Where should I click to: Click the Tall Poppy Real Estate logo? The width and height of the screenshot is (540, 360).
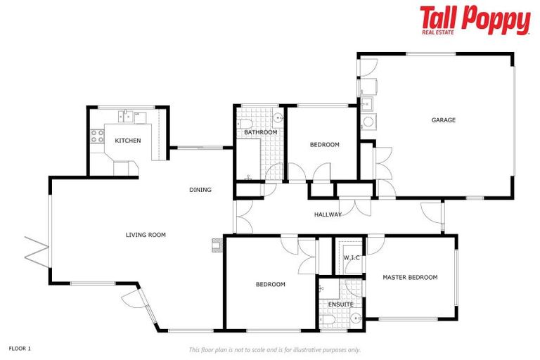(475, 20)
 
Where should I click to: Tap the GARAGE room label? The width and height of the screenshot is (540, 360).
(443, 120)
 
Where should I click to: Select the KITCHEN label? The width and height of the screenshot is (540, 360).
(128, 141)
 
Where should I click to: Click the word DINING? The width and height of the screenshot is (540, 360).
(200, 190)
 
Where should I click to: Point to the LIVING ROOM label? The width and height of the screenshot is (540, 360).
(146, 235)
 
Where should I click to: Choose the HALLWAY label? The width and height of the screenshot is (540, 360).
(328, 214)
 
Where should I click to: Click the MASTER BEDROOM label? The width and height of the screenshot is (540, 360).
(410, 277)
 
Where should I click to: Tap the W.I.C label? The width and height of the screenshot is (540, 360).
(352, 257)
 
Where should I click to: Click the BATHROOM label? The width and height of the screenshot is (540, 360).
(260, 132)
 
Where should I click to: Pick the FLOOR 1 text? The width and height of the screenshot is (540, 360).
(20, 348)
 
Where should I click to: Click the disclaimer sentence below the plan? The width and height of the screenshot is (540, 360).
(274, 349)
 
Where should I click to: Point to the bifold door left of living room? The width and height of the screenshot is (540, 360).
(35, 247)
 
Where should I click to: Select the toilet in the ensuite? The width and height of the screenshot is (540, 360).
(329, 320)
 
